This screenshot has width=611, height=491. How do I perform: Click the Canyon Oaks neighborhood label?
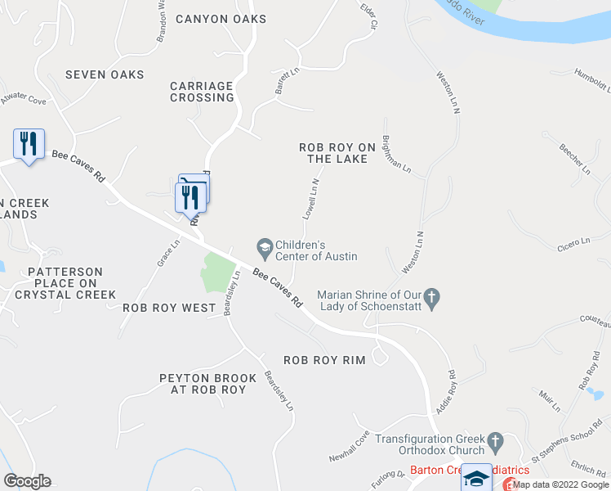tap(221, 19)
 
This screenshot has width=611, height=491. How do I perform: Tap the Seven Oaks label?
tap(105, 74)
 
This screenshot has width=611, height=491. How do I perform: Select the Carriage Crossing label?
tap(202, 92)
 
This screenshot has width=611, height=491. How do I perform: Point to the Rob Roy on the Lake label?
tap(337, 153)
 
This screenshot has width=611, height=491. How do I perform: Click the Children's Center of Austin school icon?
tap(265, 245)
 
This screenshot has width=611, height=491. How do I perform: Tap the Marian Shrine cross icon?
tap(432, 295)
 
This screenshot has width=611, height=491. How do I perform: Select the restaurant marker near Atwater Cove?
tap(29, 144)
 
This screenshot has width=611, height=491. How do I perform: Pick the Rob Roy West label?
tap(168, 309)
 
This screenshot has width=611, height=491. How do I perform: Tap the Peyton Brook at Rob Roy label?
tap(203, 384)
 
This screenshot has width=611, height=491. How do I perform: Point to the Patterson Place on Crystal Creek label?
tap(65, 283)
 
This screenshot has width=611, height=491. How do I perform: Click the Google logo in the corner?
tap(27, 481)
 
